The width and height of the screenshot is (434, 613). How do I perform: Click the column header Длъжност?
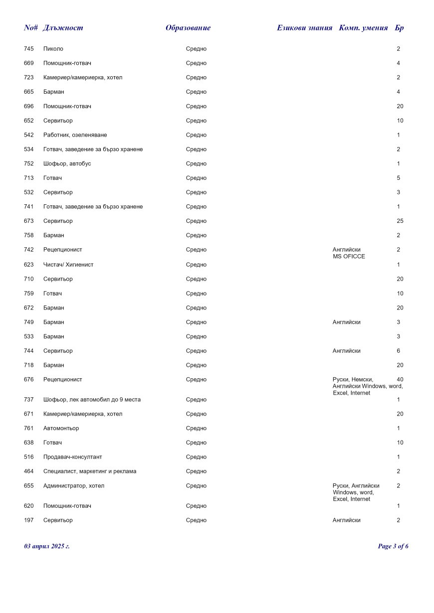(x=63, y=28)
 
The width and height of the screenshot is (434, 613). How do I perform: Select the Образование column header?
(x=188, y=28)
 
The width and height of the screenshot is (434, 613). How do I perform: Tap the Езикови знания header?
(x=304, y=28)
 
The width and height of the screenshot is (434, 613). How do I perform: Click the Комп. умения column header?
(x=363, y=28)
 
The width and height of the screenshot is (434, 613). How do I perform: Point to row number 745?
(x=28, y=49)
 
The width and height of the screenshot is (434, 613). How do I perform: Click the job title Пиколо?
(x=53, y=49)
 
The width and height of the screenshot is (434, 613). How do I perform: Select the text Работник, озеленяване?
(x=75, y=135)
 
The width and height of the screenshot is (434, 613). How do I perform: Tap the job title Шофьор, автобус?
(x=67, y=164)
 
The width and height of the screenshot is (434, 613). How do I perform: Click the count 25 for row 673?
(x=400, y=221)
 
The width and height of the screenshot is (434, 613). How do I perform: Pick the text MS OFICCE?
(x=349, y=257)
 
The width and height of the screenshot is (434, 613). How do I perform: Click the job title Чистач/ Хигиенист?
(x=68, y=265)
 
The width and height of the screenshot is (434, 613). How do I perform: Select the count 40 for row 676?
(x=400, y=380)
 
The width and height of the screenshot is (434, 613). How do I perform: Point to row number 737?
(x=28, y=400)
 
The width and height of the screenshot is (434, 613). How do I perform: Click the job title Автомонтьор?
(x=61, y=429)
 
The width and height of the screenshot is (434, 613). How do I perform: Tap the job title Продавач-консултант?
(x=72, y=457)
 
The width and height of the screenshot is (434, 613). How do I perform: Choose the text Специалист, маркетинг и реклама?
(x=90, y=471)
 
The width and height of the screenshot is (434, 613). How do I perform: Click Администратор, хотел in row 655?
(x=74, y=486)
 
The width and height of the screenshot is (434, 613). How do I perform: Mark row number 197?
(x=28, y=520)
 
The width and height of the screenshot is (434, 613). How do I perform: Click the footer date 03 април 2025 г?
(x=47, y=547)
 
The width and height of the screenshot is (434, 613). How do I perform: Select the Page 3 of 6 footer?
(x=393, y=547)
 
